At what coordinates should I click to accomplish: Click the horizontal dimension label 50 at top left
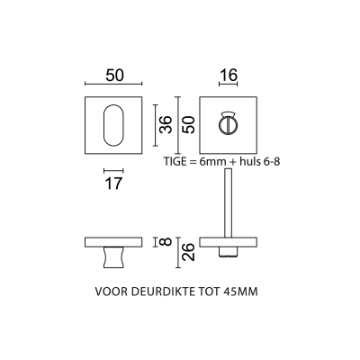pos(114,76)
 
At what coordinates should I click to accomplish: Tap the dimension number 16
pos(229,75)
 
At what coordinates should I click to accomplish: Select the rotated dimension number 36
pos(166,125)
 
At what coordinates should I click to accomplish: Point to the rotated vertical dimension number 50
pos(189,125)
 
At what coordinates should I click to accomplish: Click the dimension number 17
pos(113,184)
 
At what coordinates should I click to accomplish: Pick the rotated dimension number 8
pos(166,241)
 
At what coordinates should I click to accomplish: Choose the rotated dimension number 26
pos(189,252)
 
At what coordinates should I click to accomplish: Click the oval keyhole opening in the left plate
pos(113,125)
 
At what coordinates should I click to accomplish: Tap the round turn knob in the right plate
pos(228,124)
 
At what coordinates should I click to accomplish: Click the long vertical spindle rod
pos(228,203)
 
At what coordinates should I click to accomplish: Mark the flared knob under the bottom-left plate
pos(113,257)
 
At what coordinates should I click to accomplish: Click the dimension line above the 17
pos(113,171)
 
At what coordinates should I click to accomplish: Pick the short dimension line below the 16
pos(229,85)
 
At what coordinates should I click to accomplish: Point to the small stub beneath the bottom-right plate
pos(228,252)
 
